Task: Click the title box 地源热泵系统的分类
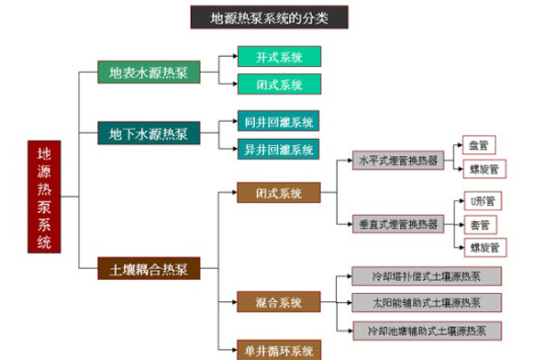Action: tap(267, 17)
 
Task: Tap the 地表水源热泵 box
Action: tap(148, 72)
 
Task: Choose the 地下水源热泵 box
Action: tap(148, 135)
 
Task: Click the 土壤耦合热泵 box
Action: tap(148, 267)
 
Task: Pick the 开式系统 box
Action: tap(278, 57)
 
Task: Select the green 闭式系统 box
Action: tap(278, 85)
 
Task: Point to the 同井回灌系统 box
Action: tap(278, 121)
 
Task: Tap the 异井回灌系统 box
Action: tap(278, 148)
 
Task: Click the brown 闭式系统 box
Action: tap(278, 193)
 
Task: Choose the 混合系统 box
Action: tap(278, 303)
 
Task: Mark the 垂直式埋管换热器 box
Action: tap(398, 225)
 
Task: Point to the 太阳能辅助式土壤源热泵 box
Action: tap(425, 303)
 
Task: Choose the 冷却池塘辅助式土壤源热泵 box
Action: tap(425, 331)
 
